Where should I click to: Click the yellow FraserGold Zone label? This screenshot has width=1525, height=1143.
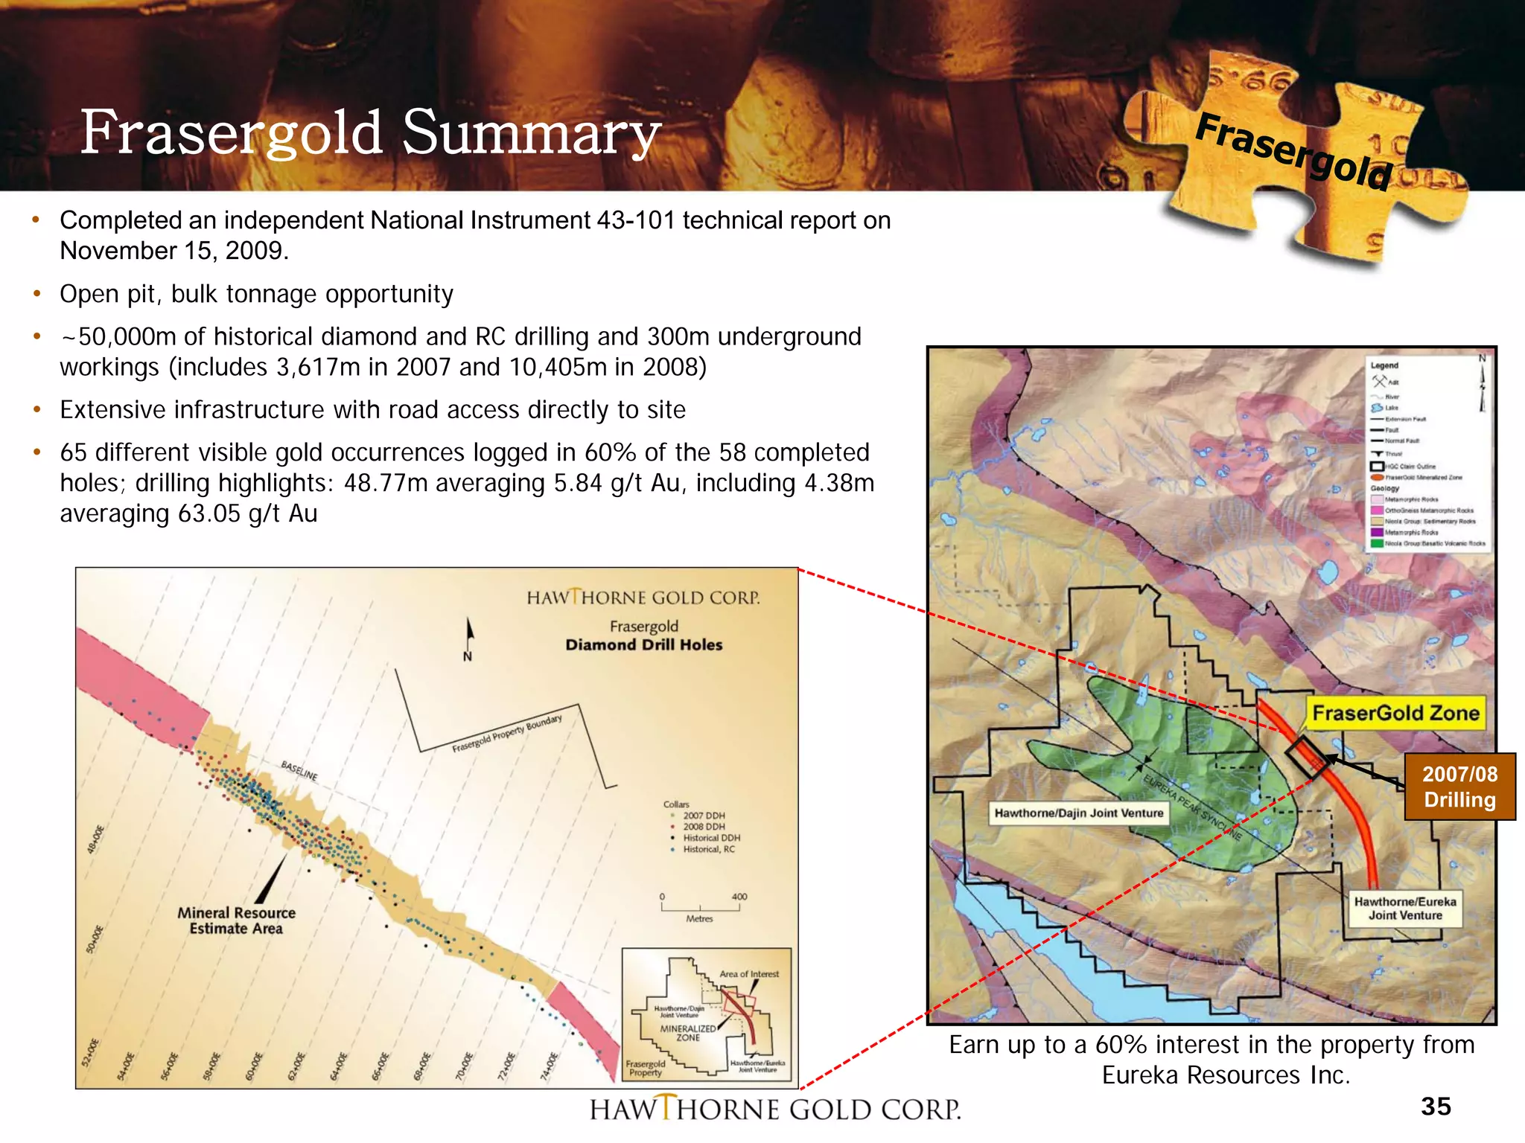click(x=1395, y=713)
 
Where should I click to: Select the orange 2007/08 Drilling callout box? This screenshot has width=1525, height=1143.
click(x=1459, y=787)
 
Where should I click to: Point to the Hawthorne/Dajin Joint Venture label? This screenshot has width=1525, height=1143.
click(x=1078, y=813)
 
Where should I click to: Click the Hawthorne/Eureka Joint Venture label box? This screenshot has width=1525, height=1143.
click(x=1405, y=909)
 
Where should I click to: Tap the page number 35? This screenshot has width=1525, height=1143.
click(x=1436, y=1107)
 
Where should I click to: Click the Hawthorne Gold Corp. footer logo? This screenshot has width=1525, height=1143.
click(x=775, y=1110)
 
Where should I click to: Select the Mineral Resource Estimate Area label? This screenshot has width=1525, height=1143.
click(x=236, y=921)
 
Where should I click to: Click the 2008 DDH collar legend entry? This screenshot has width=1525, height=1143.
click(x=703, y=827)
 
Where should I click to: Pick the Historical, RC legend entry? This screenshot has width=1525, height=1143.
click(x=707, y=849)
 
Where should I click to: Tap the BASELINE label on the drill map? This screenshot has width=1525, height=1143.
click(x=299, y=771)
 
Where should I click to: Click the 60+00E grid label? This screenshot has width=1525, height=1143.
click(x=255, y=1066)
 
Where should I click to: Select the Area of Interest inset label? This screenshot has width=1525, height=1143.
click(x=749, y=974)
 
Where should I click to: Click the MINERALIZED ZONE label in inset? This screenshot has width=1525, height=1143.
click(x=688, y=1033)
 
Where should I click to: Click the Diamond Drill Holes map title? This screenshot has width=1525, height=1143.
click(x=643, y=645)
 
